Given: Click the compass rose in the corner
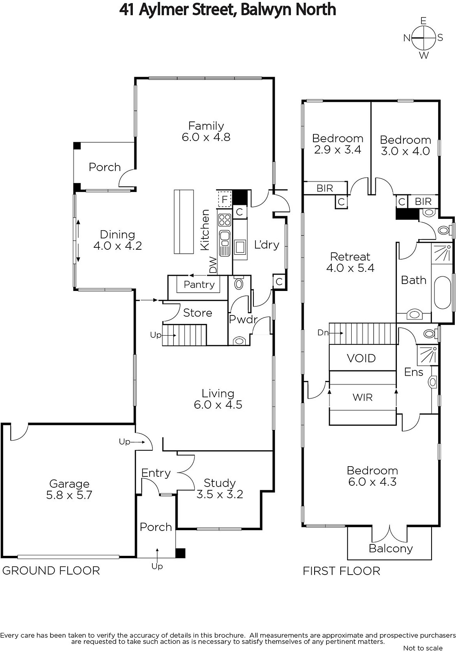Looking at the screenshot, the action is [423, 38].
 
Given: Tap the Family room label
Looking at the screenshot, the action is [206, 131].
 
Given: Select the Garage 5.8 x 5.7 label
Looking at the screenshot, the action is [69, 489].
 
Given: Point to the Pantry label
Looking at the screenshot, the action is [199, 284].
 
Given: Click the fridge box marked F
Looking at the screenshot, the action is [224, 199].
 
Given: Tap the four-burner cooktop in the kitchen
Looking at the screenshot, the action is [225, 220].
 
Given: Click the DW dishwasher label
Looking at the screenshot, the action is [213, 265].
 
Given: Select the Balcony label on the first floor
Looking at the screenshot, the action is [390, 548].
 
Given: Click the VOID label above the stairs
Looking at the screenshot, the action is [361, 358].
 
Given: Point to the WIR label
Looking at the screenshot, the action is [362, 397].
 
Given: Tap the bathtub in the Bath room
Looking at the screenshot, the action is [442, 292].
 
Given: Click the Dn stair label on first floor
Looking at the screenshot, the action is [323, 333].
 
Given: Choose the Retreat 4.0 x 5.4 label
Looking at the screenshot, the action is [350, 262].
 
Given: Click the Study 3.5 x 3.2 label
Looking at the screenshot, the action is [219, 489].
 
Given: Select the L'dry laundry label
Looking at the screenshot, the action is [267, 244].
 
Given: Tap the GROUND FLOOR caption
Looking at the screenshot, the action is [51, 570].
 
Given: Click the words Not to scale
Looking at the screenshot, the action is [423, 648].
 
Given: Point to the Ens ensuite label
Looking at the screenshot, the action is [414, 372].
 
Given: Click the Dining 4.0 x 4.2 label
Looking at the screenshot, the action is [117, 240].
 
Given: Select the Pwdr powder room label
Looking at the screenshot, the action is [243, 319].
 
